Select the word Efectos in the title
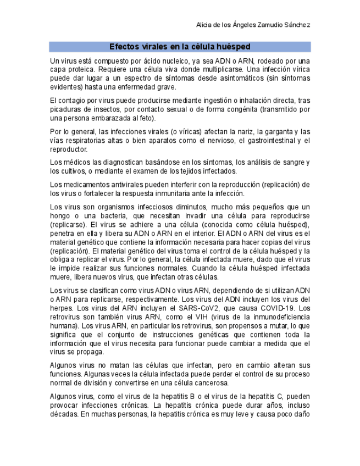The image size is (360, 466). pos(123,47)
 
